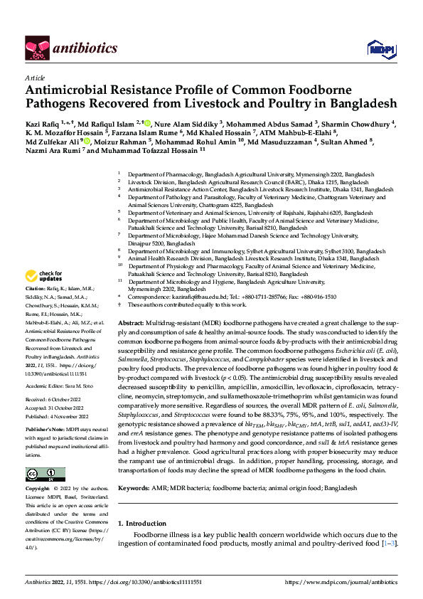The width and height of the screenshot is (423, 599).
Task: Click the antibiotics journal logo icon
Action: point(38,47)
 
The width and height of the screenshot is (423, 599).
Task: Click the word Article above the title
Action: point(34,78)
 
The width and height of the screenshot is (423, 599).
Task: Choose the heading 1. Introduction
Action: point(147,523)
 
